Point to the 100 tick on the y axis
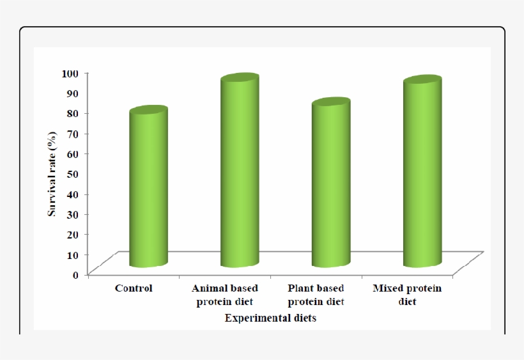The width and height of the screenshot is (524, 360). [x=70, y=73]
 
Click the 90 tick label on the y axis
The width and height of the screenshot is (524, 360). [x=72, y=93]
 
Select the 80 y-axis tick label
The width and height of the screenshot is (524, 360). [x=72, y=113]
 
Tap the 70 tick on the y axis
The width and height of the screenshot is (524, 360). [x=72, y=133]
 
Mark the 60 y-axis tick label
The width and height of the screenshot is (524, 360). [x=72, y=153]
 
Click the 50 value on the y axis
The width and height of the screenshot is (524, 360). [x=72, y=173]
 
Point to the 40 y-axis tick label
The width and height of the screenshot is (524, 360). [x=72, y=194]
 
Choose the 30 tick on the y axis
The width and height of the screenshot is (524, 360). [x=72, y=214]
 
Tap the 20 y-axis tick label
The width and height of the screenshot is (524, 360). [x=72, y=234]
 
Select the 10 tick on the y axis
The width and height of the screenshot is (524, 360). [x=72, y=254]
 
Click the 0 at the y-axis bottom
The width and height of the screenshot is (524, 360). [x=75, y=274]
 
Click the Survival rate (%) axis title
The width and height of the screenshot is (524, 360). [x=52, y=173]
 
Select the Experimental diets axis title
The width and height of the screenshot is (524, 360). [x=270, y=318]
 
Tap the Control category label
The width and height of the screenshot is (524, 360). [x=134, y=288]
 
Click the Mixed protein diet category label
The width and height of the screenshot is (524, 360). [x=407, y=295]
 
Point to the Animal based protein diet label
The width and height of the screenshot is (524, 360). [x=225, y=295]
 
